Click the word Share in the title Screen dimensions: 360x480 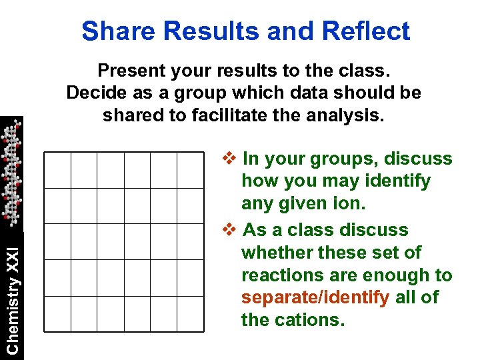113,31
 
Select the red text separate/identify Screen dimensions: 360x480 315,297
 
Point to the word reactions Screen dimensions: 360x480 279,275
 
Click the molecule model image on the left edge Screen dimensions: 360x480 11,173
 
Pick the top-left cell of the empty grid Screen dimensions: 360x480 57,170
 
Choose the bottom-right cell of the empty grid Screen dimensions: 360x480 190,313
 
